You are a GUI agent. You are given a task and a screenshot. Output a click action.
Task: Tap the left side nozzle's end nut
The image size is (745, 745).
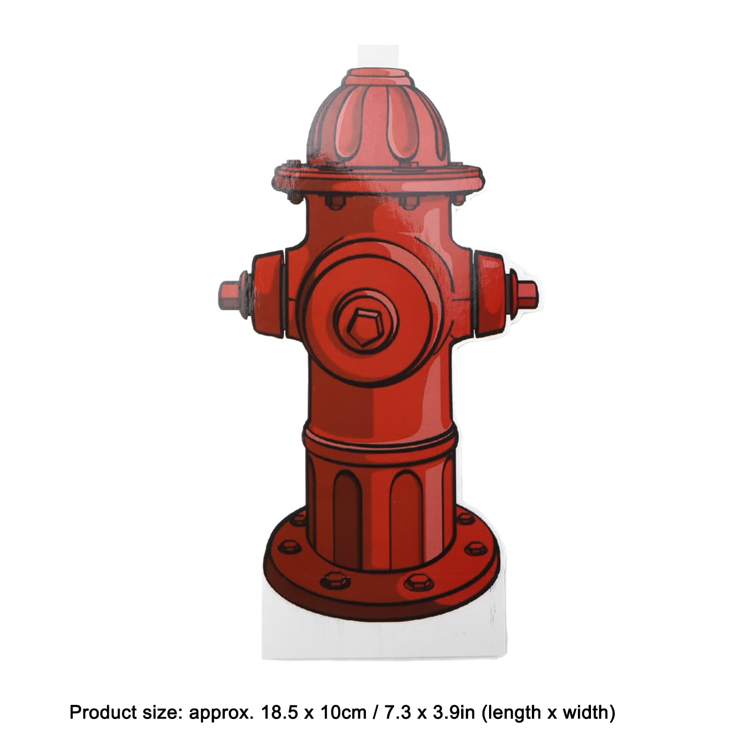pyautogui.click(x=229, y=295)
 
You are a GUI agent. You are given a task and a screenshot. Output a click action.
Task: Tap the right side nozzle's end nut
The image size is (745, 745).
pyautogui.click(x=527, y=295)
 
